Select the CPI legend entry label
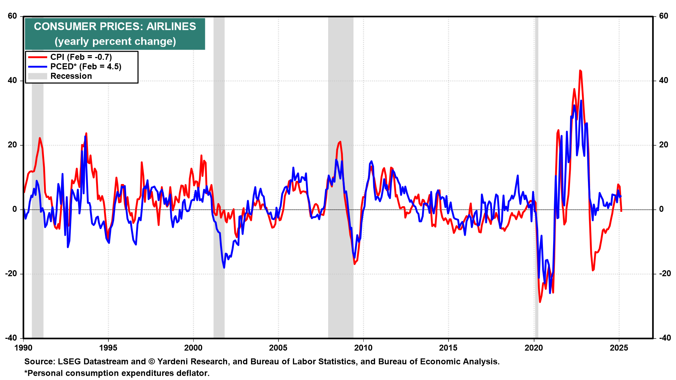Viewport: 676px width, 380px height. coord(81,57)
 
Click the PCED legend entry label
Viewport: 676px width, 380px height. coord(86,66)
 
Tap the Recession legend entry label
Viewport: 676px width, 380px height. coord(71,76)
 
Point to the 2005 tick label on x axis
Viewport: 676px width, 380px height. coord(278,348)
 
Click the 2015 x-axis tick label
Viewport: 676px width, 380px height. coord(448,348)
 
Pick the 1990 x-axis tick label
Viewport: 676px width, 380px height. coord(23,348)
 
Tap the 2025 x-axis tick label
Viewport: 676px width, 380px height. coord(619,348)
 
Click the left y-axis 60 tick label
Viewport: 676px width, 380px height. coord(12,16)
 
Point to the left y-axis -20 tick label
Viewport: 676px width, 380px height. coord(11,274)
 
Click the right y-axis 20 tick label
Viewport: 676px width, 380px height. coord(663,145)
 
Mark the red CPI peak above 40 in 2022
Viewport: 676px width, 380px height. coord(580,71)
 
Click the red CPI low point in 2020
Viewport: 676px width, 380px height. coord(540,302)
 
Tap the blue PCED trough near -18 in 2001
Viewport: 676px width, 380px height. coord(224,267)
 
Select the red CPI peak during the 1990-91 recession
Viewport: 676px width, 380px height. coord(40,138)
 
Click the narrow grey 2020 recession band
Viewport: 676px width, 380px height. coord(537,176)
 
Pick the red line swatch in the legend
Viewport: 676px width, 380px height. coord(37,57)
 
